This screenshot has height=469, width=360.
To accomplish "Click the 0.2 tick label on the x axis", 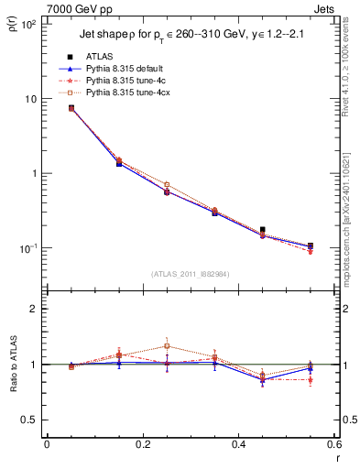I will pyautogui.click(x=142, y=445).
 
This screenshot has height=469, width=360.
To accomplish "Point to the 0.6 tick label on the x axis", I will pyautogui.click(x=333, y=445).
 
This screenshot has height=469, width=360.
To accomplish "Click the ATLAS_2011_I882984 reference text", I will pyautogui.click(x=191, y=274).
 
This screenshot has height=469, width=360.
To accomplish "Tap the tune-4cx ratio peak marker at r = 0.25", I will pyautogui.click(x=167, y=346).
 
